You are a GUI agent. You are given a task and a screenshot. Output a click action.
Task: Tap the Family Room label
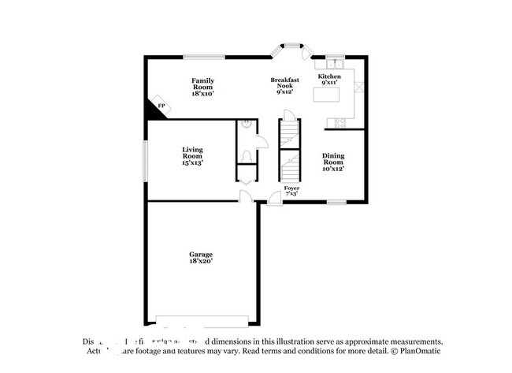[203, 87]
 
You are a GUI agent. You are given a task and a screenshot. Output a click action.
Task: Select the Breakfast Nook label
[284, 85]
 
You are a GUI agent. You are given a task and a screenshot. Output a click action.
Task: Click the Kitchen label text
[329, 80]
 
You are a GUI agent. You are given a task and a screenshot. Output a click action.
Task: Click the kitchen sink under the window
[335, 62]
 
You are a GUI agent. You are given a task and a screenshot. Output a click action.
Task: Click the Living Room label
[193, 156]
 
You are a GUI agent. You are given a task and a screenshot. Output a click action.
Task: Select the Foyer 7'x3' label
[291, 191]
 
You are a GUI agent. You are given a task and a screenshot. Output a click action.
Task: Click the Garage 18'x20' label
[200, 258]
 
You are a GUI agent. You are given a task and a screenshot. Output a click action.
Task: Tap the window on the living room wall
[144, 160]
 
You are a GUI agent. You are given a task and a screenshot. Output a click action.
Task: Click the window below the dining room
[336, 202]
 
